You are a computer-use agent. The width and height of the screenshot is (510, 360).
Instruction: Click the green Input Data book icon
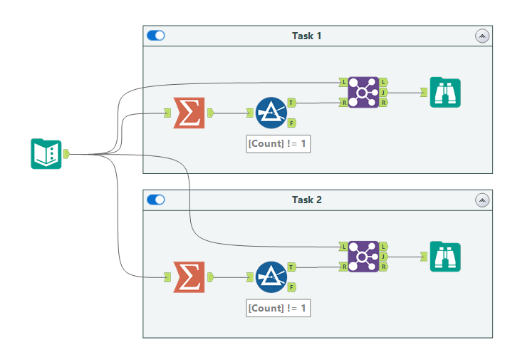(46, 154)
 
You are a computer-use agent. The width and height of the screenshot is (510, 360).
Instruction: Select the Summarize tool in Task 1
(189, 113)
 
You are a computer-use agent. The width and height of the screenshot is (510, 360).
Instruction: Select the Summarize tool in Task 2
(189, 277)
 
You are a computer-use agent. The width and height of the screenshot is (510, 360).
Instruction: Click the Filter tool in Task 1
(271, 113)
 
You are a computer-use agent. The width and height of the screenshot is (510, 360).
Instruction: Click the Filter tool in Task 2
(271, 277)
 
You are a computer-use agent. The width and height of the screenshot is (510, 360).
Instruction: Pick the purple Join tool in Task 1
(363, 93)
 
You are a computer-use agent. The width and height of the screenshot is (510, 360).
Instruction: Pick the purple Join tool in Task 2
(363, 257)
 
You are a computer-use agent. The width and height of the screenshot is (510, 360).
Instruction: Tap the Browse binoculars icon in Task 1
(445, 93)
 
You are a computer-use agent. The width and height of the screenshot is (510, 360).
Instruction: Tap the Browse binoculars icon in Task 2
(445, 257)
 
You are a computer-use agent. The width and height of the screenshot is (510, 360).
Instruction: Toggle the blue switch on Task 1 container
(155, 36)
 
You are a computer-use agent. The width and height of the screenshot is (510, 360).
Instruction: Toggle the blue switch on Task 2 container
(155, 200)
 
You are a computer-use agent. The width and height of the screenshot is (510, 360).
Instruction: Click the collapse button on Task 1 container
(482, 36)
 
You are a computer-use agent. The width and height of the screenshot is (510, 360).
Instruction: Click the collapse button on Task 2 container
(482, 200)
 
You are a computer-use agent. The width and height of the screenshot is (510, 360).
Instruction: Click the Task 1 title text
(306, 36)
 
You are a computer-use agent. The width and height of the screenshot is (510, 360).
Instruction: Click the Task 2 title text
(306, 200)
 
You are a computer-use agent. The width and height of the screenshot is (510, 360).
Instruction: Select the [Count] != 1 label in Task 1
(279, 143)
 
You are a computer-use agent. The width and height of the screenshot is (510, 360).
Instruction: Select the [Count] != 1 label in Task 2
(279, 308)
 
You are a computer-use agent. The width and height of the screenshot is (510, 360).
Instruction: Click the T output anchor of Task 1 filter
(292, 103)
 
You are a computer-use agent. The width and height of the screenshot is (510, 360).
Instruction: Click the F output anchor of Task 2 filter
(292, 287)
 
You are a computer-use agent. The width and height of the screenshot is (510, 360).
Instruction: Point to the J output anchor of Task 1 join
(384, 93)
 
